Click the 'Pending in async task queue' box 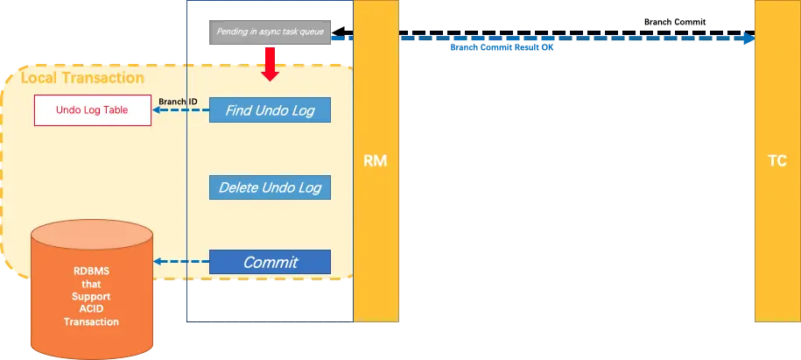click(x=270, y=32)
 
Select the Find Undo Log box click(x=270, y=110)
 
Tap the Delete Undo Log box click(x=270, y=187)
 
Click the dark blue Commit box click(x=270, y=262)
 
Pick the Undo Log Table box click(x=92, y=110)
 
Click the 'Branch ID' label click(x=178, y=102)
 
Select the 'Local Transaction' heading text click(x=82, y=78)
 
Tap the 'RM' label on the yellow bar click(x=376, y=161)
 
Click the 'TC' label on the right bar click(x=776, y=161)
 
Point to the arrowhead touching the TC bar click(x=748, y=38)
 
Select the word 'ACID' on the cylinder click(x=91, y=309)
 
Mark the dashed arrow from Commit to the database click(x=181, y=262)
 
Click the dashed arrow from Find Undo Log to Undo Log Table click(x=181, y=111)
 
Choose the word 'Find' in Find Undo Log click(x=239, y=110)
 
